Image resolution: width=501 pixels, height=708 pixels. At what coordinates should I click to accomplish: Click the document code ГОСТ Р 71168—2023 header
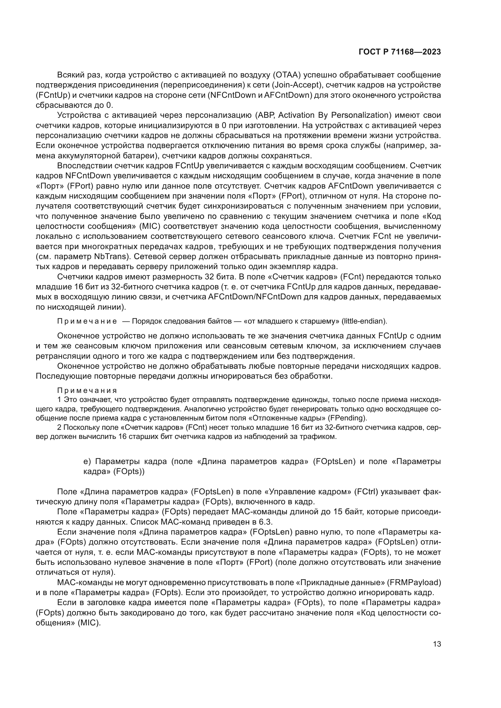[400, 52]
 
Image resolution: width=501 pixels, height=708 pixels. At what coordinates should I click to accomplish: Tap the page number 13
[437, 644]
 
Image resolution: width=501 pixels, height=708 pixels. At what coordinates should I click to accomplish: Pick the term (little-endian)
[364, 321]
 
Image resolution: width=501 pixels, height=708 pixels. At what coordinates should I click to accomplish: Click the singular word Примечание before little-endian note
[87, 321]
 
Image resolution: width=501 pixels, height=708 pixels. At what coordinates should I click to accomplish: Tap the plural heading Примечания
[87, 391]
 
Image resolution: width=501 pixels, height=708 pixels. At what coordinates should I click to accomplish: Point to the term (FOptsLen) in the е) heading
[334, 462]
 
